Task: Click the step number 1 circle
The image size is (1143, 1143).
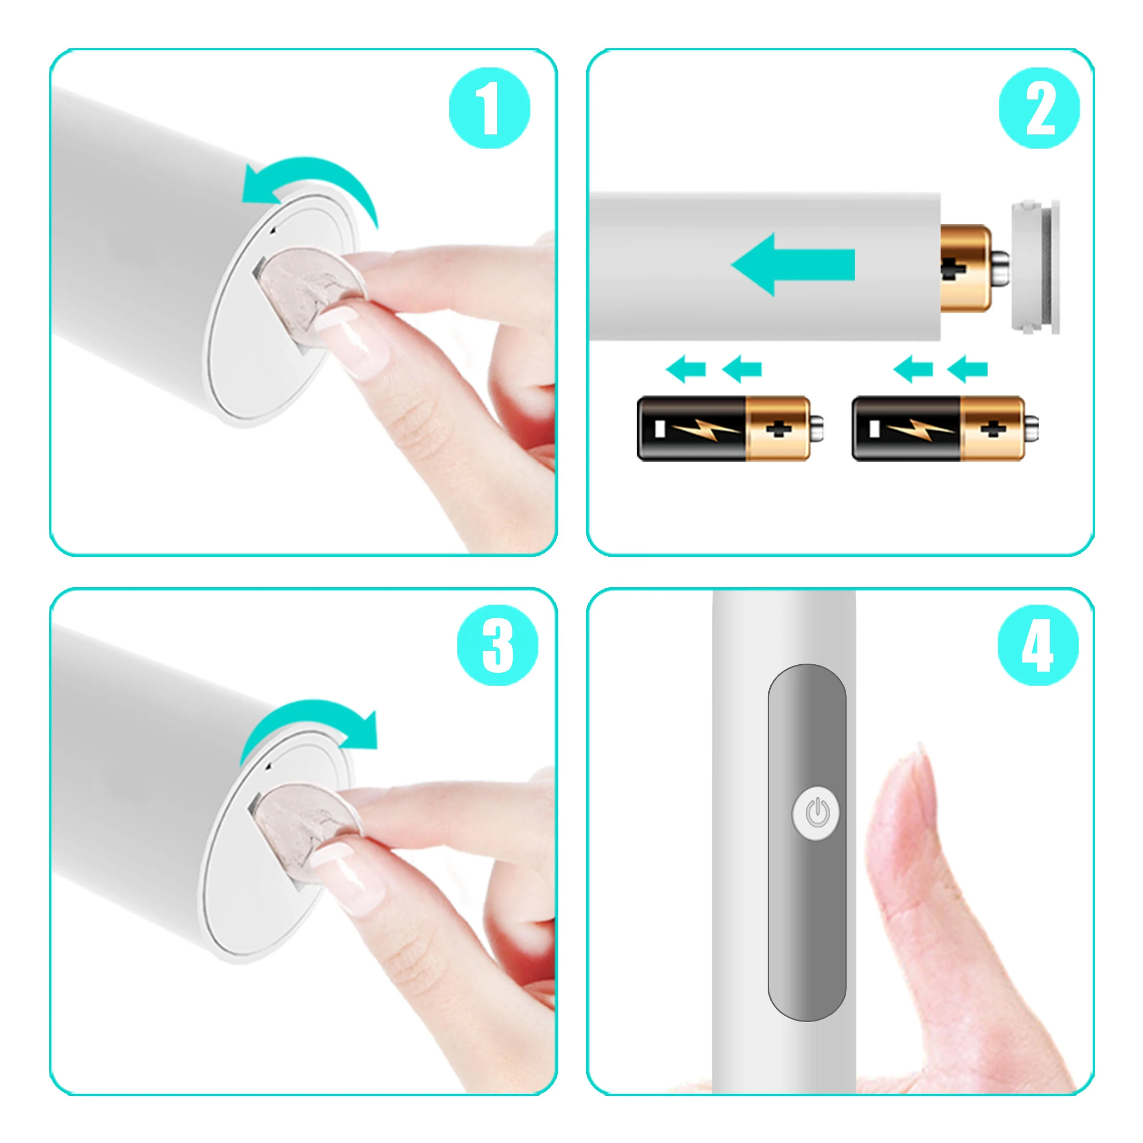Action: tap(489, 108)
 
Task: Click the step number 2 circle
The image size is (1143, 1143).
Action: tap(1039, 108)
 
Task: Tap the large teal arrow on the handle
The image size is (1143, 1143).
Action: tap(793, 264)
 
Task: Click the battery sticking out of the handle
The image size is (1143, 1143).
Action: tap(965, 267)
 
